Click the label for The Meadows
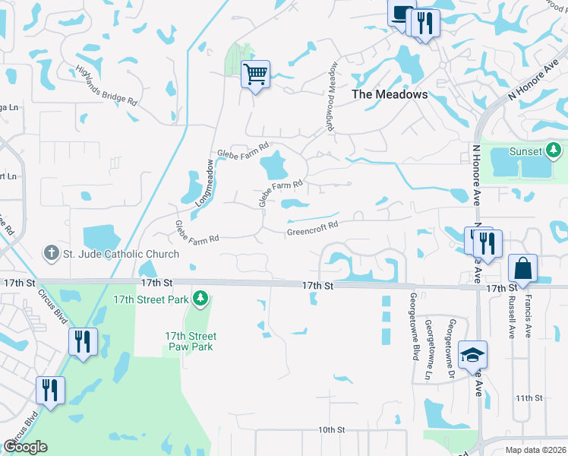[390, 95]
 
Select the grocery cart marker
[256, 74]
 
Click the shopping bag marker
[522, 268]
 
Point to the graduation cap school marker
[472, 355]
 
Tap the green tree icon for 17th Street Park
[200, 299]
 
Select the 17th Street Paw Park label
[191, 341]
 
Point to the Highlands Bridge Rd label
[106, 85]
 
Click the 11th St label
[529, 398]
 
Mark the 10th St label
[332, 430]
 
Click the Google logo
[25, 447]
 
